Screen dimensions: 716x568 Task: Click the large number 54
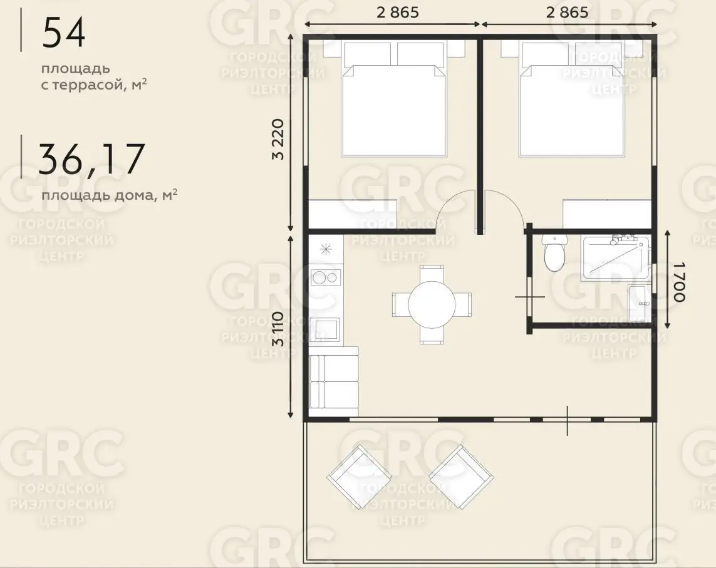(63, 33)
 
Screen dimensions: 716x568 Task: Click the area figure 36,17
(91, 159)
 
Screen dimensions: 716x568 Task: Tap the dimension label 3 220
(278, 139)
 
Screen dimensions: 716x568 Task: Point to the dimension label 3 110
(278, 329)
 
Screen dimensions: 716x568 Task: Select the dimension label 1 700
(679, 282)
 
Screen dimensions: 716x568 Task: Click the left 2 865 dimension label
(397, 13)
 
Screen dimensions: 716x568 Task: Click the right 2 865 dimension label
(567, 13)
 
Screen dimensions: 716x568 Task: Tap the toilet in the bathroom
(554, 252)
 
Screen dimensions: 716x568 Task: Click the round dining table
(432, 304)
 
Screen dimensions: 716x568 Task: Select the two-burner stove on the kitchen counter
(326, 277)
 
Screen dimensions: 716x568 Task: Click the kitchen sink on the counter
(324, 329)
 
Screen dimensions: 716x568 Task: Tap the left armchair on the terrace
(360, 477)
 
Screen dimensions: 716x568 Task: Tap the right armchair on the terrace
(461, 477)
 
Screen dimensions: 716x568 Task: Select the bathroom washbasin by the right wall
(640, 303)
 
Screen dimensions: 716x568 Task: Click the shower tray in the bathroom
(616, 257)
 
